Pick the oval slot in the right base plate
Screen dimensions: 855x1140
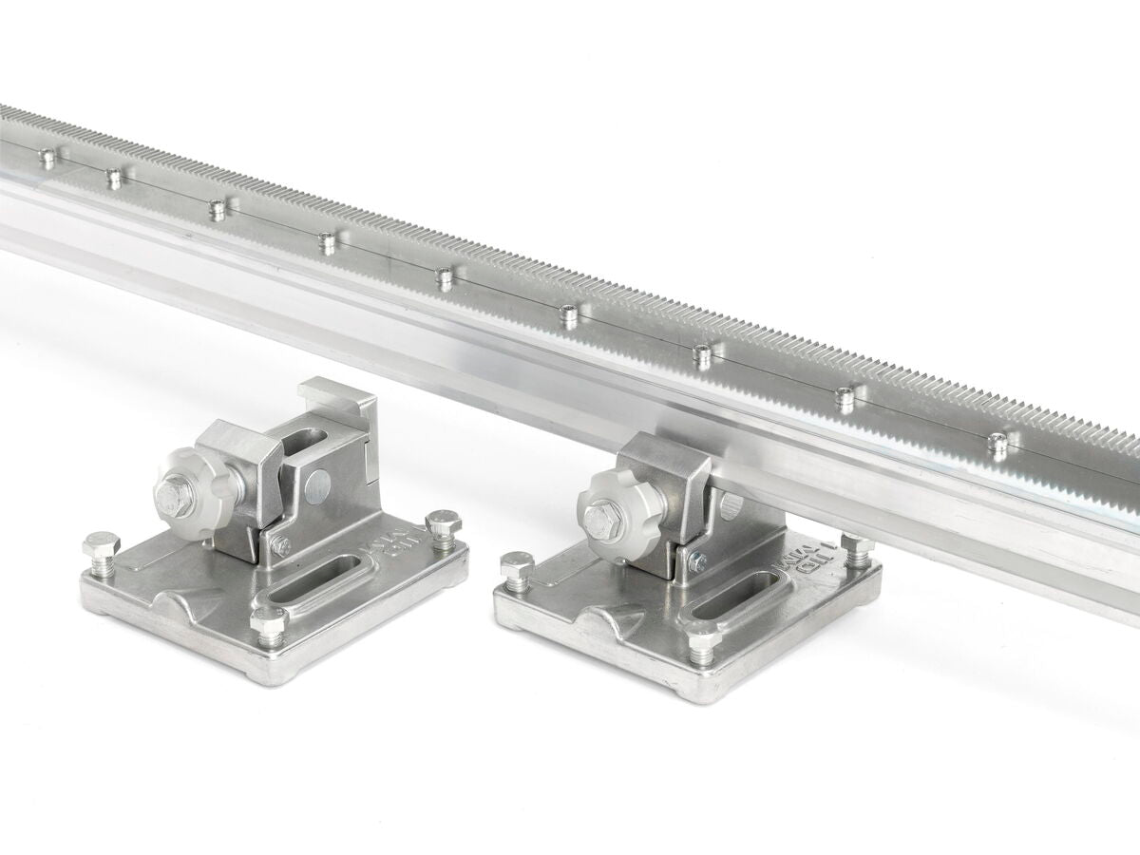[x=726, y=605]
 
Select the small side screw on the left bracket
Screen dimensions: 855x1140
[x=282, y=546]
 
